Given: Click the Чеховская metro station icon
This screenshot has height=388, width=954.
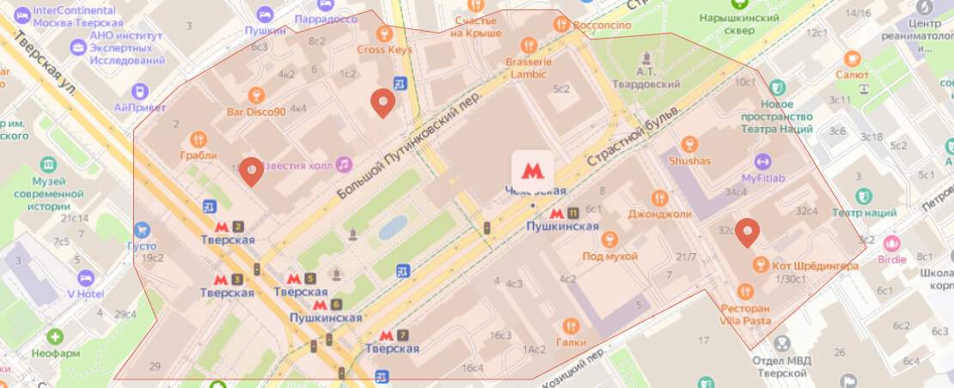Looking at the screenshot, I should coord(533,169).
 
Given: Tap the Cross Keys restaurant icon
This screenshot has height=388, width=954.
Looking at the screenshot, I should coord(384,33).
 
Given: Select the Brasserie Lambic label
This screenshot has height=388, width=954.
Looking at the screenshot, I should coord(529,68).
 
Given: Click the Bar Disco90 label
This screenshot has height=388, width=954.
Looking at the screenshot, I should coord(255,112).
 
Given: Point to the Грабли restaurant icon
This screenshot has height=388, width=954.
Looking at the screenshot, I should coord(199,139).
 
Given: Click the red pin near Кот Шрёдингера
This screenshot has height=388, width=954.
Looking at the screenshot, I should coord(749,231).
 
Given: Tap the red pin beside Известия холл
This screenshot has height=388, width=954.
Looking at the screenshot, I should coord(250,171).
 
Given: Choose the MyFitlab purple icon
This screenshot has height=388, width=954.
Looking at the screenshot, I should coord(762,161).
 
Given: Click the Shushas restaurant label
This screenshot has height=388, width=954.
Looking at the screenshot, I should coord(689,161).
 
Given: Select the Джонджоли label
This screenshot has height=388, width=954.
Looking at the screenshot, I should coord(660,214).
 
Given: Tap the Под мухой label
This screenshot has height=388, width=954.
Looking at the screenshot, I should coord(610,256).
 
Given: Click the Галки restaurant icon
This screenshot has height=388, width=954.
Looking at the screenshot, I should coord(571,326).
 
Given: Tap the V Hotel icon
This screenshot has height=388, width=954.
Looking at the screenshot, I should coord(85,277).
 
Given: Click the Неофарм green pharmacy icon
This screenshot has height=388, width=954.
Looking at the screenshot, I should coord(56,336).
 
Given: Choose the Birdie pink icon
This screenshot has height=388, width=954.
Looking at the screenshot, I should coord(892,243).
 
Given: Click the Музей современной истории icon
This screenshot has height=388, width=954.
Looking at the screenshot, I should coord(48,164).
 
